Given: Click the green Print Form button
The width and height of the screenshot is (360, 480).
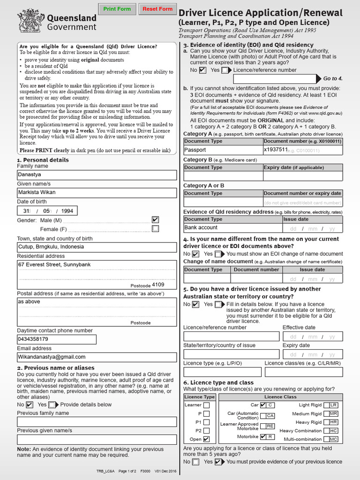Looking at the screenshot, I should point(117,9).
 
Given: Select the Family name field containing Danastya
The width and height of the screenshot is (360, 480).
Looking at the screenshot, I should point(97,175).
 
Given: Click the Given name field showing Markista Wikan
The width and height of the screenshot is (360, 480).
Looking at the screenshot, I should point(97,193).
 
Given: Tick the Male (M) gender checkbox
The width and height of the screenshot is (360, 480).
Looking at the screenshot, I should point(156,220).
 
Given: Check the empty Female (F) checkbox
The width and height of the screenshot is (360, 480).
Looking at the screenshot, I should point(156,229).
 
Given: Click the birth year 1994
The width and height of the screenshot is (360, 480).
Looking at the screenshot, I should point(67,211).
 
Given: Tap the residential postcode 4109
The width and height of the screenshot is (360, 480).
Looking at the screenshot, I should point(158,285).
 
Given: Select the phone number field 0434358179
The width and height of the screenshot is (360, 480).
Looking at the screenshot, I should point(57,339).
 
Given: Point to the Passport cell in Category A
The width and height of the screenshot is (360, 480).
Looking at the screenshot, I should point(223,150).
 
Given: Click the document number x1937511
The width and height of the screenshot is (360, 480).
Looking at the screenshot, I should point(276,150).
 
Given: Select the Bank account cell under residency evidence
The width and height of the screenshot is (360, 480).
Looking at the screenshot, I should point(232,228).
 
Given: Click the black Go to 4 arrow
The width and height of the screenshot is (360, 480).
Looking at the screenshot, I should point(319,78).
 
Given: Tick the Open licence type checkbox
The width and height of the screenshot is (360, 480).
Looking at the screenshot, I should point(207,439).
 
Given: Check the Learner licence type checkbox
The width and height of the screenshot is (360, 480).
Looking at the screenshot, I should point(207,405).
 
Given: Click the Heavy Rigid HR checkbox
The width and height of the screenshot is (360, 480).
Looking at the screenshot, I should point(333,422).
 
